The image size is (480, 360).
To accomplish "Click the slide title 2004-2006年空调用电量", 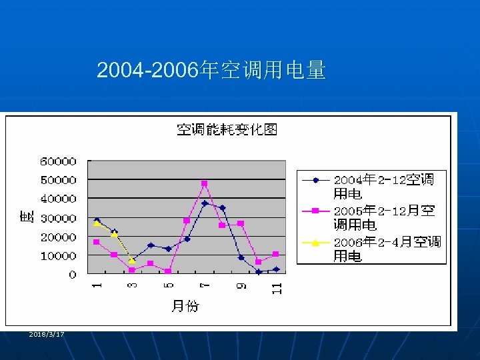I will [x=211, y=70].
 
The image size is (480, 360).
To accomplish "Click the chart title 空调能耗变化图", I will [x=227, y=129].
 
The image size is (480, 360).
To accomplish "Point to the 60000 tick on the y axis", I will [x=59, y=161].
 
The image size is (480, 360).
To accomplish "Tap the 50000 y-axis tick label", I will [x=59, y=180].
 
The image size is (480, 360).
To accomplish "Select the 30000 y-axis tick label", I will [x=59, y=218].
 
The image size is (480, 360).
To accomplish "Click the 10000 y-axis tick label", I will [x=59, y=256].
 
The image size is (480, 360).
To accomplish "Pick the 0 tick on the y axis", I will [x=72, y=275].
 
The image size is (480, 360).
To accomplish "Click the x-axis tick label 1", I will [x=97, y=285].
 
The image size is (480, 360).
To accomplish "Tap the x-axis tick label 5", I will [x=169, y=285].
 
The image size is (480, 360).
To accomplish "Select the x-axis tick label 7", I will [x=205, y=285].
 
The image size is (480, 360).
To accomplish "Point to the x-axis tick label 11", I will [x=277, y=288].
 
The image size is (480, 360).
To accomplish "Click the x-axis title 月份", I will [x=185, y=306].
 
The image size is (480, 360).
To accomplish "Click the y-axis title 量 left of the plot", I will [x=27, y=217].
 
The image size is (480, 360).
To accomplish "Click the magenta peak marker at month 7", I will [x=205, y=183].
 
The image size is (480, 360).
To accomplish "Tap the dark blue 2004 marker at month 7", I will [x=205, y=203].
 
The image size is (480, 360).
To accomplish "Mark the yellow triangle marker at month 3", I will [x=133, y=261].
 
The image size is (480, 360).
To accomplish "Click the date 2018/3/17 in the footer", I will [x=47, y=334].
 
